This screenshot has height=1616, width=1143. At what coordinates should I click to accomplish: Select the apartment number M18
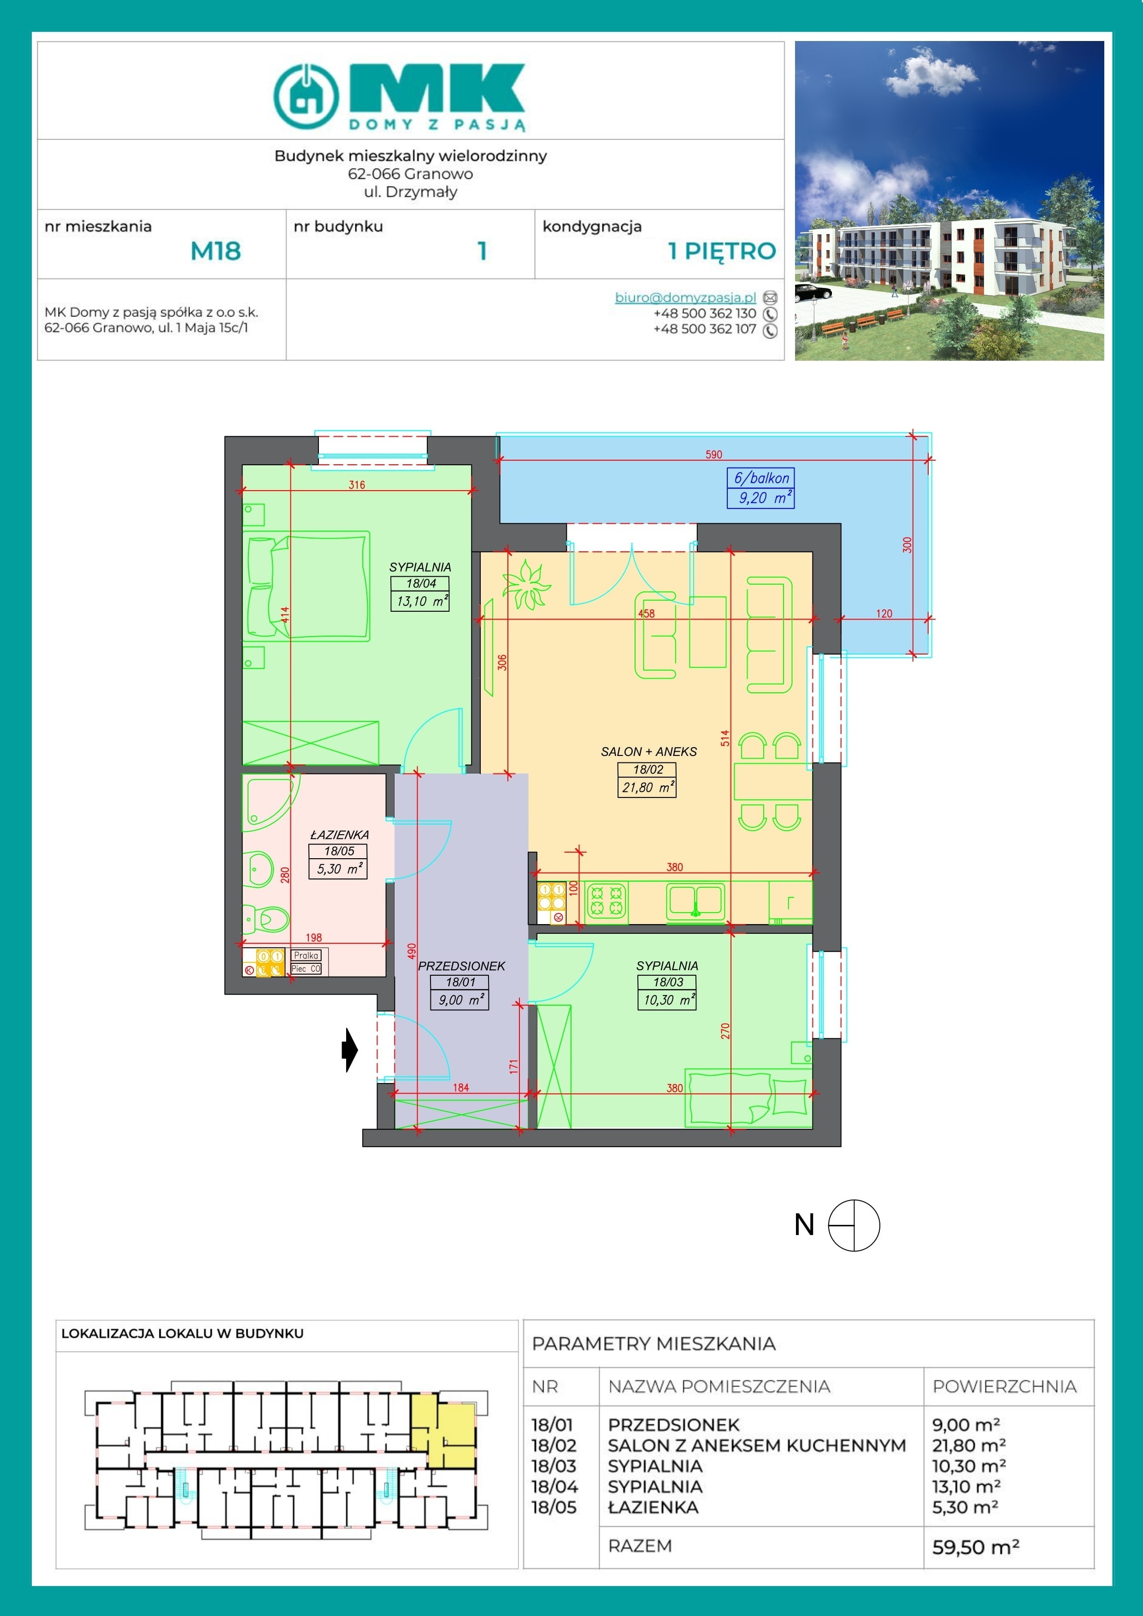click(x=216, y=251)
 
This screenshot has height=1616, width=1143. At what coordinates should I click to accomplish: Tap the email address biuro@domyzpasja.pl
click(x=685, y=297)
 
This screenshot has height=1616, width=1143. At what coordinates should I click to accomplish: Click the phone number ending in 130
click(x=704, y=313)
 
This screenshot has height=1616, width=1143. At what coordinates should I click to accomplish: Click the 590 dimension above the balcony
click(x=713, y=455)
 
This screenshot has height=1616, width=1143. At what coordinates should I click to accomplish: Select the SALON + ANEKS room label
click(x=648, y=752)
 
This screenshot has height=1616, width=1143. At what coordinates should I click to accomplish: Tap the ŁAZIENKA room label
click(x=340, y=835)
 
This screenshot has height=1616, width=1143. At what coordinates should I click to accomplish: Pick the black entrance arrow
click(x=350, y=1050)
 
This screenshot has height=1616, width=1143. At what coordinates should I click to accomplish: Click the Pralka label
click(x=306, y=955)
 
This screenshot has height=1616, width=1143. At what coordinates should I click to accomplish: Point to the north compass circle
click(x=854, y=1225)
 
